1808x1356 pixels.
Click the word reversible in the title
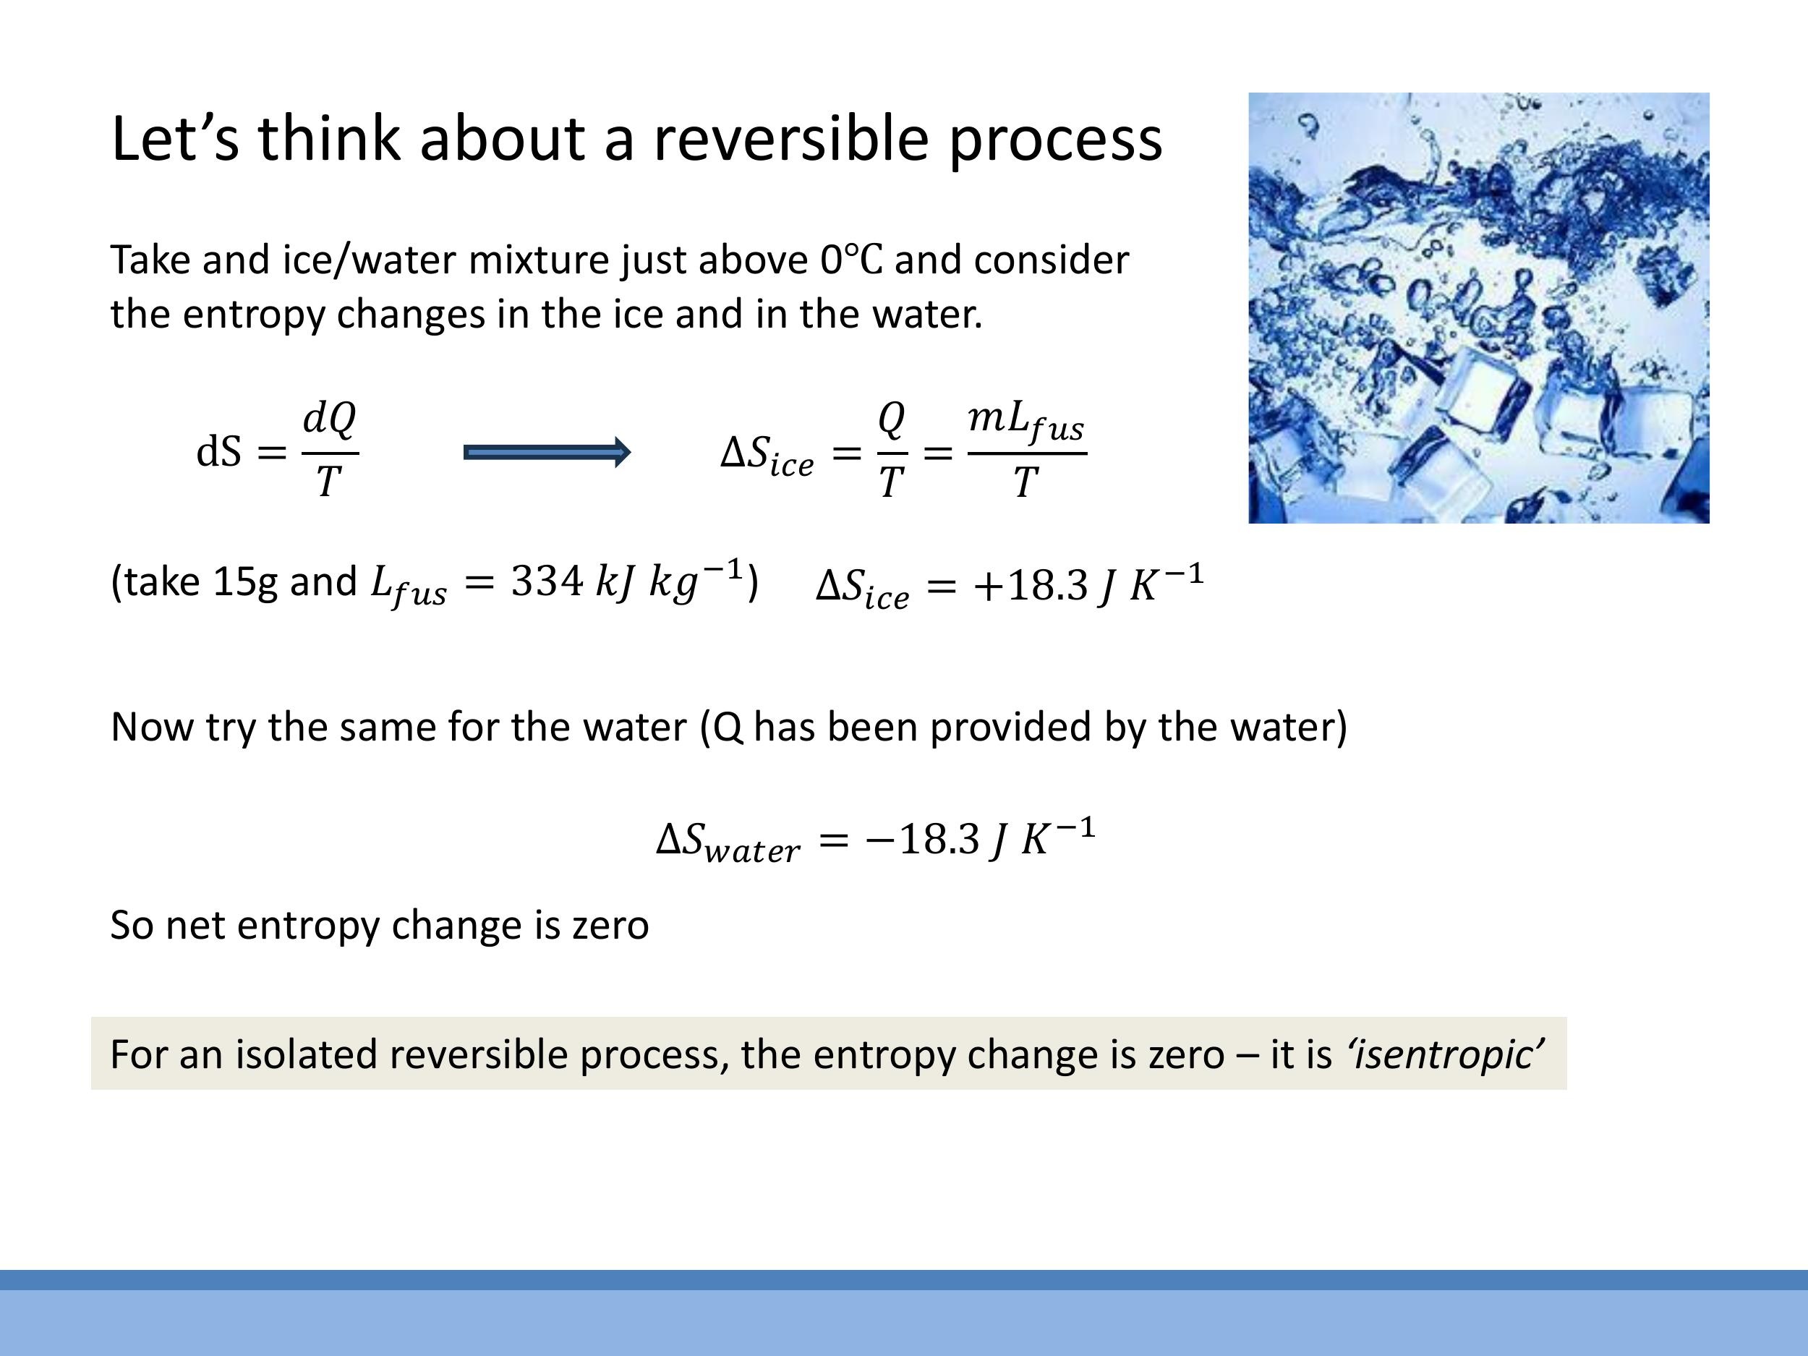tap(790, 138)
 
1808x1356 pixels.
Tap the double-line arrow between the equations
tap(547, 452)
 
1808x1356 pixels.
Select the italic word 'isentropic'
tap(1445, 1054)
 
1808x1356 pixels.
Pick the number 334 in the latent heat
tap(547, 582)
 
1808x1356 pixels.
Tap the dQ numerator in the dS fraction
tap(329, 419)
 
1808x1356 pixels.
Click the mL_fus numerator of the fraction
tap(1025, 421)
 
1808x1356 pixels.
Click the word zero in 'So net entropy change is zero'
tap(610, 925)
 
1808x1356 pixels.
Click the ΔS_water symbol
tap(728, 841)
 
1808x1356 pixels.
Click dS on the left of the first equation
tap(219, 452)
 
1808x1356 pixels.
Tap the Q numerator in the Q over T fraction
tap(892, 419)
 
